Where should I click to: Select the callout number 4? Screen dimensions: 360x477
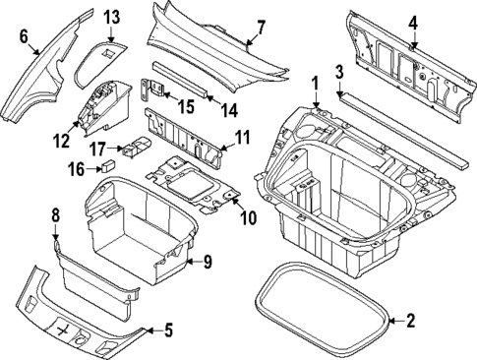tap(414, 21)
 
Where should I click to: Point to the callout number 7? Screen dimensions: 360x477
tap(260, 27)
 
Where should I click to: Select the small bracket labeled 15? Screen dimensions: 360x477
tap(156, 89)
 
